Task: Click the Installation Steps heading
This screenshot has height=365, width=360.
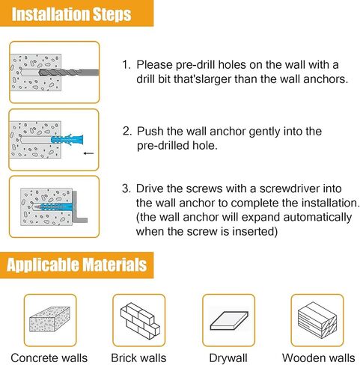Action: (71, 14)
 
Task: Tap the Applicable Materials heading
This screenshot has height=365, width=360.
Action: (76, 265)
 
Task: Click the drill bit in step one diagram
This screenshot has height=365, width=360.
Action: (69, 73)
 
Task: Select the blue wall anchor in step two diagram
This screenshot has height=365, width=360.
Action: (67, 139)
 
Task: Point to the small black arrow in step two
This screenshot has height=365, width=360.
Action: (88, 153)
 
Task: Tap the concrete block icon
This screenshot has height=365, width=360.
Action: (49, 319)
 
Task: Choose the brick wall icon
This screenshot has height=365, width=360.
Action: (140, 321)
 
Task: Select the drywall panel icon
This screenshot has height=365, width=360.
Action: (229, 320)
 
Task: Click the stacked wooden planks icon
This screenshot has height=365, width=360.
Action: (317, 320)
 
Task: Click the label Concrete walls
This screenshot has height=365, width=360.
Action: (49, 358)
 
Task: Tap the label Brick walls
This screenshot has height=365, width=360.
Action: (138, 358)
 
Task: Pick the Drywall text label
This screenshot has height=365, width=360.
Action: (228, 358)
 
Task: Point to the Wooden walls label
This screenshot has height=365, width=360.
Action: (319, 358)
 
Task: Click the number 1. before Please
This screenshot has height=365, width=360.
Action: (126, 64)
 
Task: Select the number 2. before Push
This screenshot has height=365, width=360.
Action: (127, 131)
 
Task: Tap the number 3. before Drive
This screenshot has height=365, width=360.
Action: (126, 188)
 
